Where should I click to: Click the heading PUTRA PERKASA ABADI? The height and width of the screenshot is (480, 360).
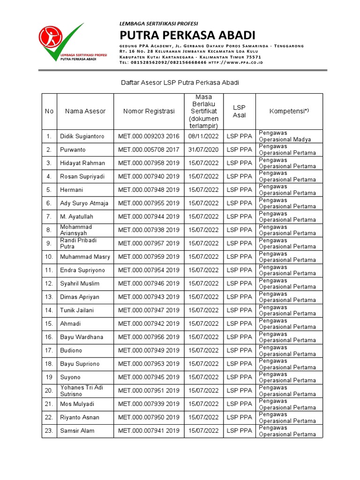click(187, 35)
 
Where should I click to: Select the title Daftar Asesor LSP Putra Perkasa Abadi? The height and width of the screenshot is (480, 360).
click(180, 82)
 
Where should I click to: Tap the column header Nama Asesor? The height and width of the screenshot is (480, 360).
click(85, 112)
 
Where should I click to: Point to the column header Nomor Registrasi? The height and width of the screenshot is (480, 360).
click(149, 112)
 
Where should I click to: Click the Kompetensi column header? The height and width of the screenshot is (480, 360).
click(289, 111)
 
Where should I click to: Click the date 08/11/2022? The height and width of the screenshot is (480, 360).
click(204, 136)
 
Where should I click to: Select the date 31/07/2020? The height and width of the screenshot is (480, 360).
click(204, 150)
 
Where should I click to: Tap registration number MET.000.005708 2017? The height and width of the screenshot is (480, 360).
click(149, 150)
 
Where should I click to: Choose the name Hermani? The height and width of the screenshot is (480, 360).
click(71, 190)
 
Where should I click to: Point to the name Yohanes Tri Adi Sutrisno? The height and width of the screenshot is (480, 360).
click(81, 390)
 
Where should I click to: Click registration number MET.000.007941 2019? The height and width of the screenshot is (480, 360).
click(149, 431)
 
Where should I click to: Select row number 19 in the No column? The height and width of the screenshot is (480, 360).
click(49, 377)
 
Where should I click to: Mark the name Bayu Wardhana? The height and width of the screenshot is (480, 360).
click(82, 337)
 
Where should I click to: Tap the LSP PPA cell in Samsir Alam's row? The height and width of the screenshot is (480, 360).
click(239, 431)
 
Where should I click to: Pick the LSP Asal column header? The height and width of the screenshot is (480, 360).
click(239, 112)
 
